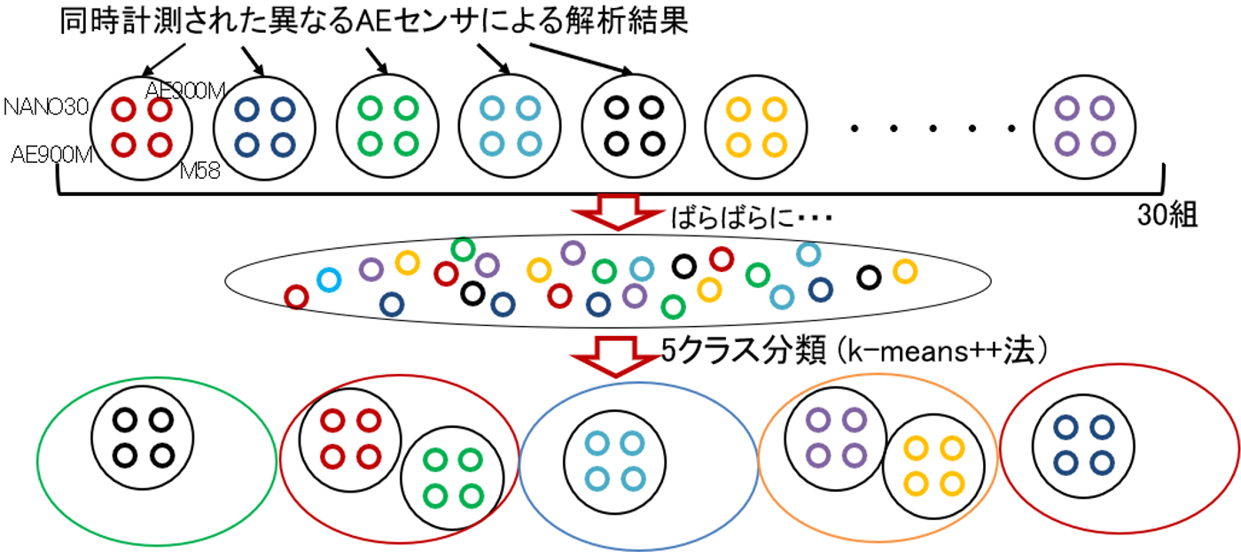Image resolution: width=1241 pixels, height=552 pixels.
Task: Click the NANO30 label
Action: coord(45,108)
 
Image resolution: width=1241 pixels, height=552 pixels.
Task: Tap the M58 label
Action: coord(199,171)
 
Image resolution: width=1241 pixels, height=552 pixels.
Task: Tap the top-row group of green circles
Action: coord(388,124)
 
